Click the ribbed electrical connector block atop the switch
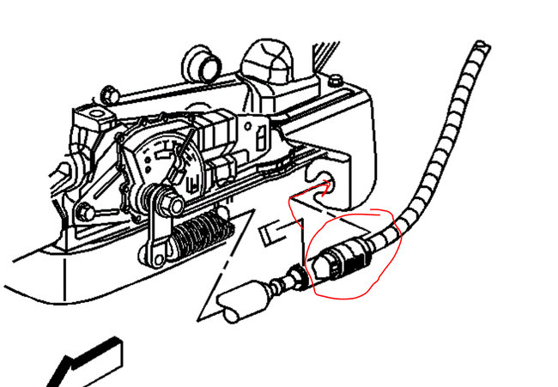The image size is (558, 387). pyautogui.click(x=215, y=137)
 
